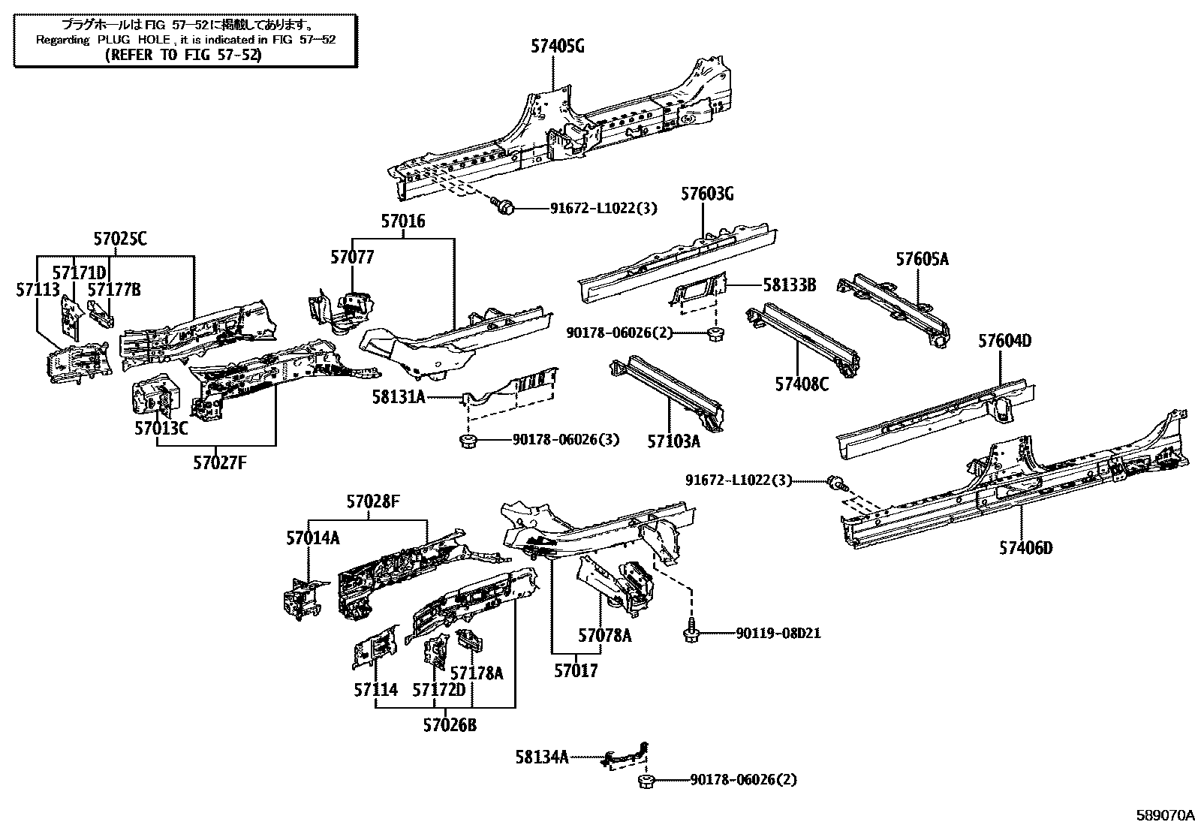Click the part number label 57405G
click(557, 47)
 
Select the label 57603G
click(707, 194)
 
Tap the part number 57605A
click(922, 260)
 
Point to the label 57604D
click(1004, 342)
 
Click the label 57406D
click(1025, 548)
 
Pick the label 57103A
click(673, 442)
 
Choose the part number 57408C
click(802, 385)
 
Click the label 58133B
click(789, 285)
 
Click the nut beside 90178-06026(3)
click(468, 440)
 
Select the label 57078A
click(604, 637)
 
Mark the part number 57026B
click(449, 725)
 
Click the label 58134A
click(542, 757)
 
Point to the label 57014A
click(312, 538)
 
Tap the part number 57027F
click(219, 463)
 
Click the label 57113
click(38, 289)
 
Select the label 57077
click(352, 257)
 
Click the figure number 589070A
click(1163, 814)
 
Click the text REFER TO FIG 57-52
click(183, 55)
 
